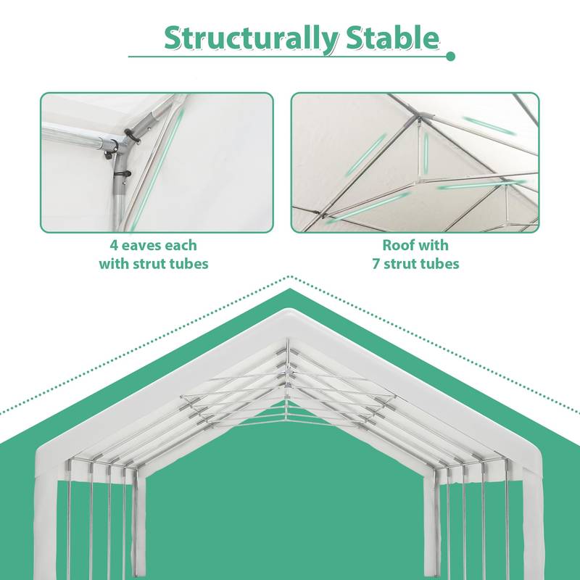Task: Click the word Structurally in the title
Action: tap(249, 38)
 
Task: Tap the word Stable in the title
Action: tap(391, 38)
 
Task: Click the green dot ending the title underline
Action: tap(450, 56)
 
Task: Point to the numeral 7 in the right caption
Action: tap(376, 263)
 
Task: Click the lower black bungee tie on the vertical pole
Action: tap(118, 173)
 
